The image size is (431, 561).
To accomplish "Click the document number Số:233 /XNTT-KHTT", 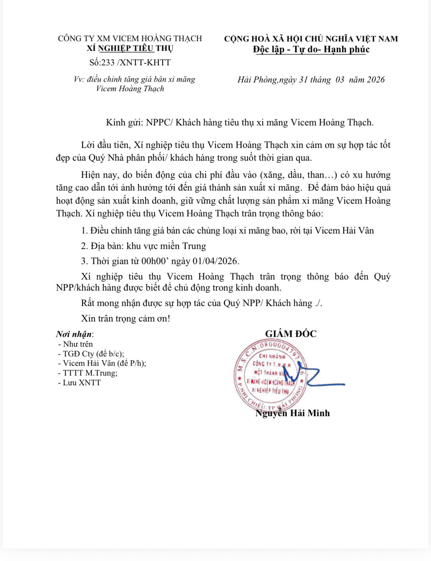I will (x=130, y=62).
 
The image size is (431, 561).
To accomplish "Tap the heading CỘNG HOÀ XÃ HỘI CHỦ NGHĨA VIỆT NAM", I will (x=311, y=39).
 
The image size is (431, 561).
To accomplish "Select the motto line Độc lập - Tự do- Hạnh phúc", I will (x=311, y=49).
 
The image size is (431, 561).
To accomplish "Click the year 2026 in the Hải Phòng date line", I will (x=376, y=80).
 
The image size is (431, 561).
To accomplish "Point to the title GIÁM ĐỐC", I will (x=291, y=334).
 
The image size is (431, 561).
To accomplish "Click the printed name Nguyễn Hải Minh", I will (x=293, y=413).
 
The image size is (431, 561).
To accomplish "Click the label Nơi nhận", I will (x=74, y=334).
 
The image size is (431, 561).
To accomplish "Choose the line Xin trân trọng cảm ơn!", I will (x=126, y=318).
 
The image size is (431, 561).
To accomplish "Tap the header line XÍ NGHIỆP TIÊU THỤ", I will (x=130, y=48).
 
